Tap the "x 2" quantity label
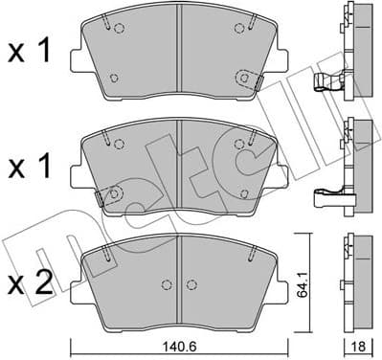click(31, 282)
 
